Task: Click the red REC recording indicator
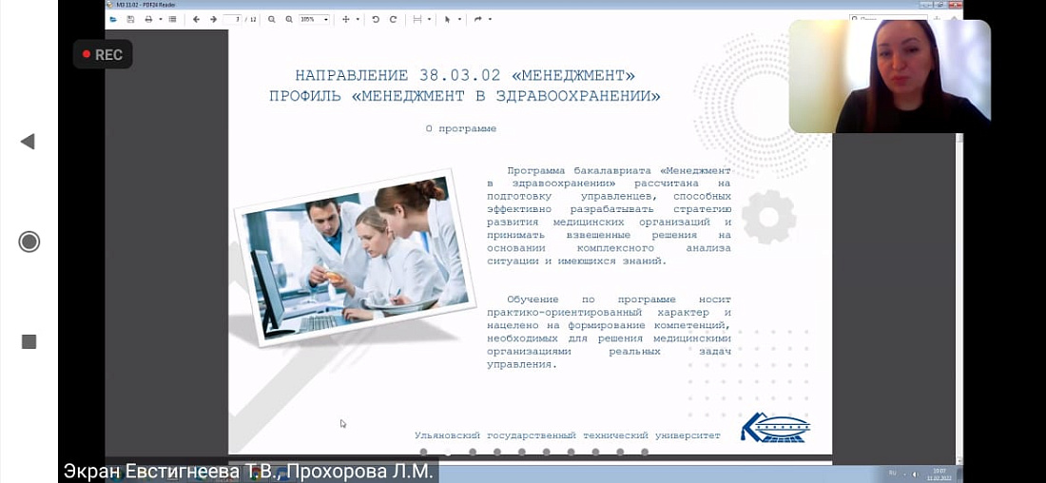coord(103,54)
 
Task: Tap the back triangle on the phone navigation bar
coord(28,142)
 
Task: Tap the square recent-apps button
coord(29,341)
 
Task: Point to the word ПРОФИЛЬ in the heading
coord(306,96)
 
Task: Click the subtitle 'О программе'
coord(461,128)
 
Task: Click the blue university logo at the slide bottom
coord(775,428)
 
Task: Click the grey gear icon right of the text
coord(767,217)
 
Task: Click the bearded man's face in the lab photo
coord(326,220)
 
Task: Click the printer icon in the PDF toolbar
coord(148,19)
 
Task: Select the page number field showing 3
coord(232,19)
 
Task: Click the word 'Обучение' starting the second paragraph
coord(533,299)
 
